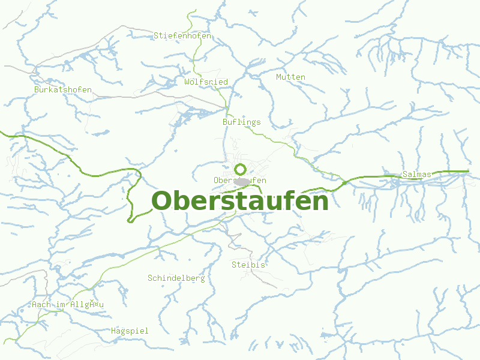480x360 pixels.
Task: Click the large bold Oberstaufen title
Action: pyautogui.click(x=240, y=201)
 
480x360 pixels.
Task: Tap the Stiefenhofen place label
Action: pyautogui.click(x=182, y=36)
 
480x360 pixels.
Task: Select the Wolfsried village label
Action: pyautogui.click(x=206, y=82)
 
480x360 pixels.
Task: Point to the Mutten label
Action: pyautogui.click(x=290, y=77)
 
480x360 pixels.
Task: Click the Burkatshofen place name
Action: pyautogui.click(x=63, y=90)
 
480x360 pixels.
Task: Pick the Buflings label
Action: pyautogui.click(x=241, y=122)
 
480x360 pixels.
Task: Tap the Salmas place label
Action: pyautogui.click(x=417, y=175)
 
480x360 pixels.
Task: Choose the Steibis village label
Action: pyautogui.click(x=248, y=265)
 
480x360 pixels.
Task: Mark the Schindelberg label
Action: pyautogui.click(x=176, y=278)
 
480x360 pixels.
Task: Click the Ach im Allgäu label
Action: pyautogui.click(x=68, y=305)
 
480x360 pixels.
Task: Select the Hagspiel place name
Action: pyautogui.click(x=130, y=331)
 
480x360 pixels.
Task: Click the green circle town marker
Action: pyautogui.click(x=241, y=169)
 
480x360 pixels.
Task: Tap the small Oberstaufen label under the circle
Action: pyautogui.click(x=239, y=180)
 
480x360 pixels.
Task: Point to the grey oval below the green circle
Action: pyautogui.click(x=242, y=182)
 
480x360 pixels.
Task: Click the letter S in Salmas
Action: pyautogui.click(x=405, y=175)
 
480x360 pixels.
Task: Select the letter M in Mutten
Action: pyautogui.click(x=278, y=77)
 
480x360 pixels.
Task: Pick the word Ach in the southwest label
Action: pyautogui.click(x=38, y=305)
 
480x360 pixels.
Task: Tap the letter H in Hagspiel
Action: pyautogui.click(x=113, y=331)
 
